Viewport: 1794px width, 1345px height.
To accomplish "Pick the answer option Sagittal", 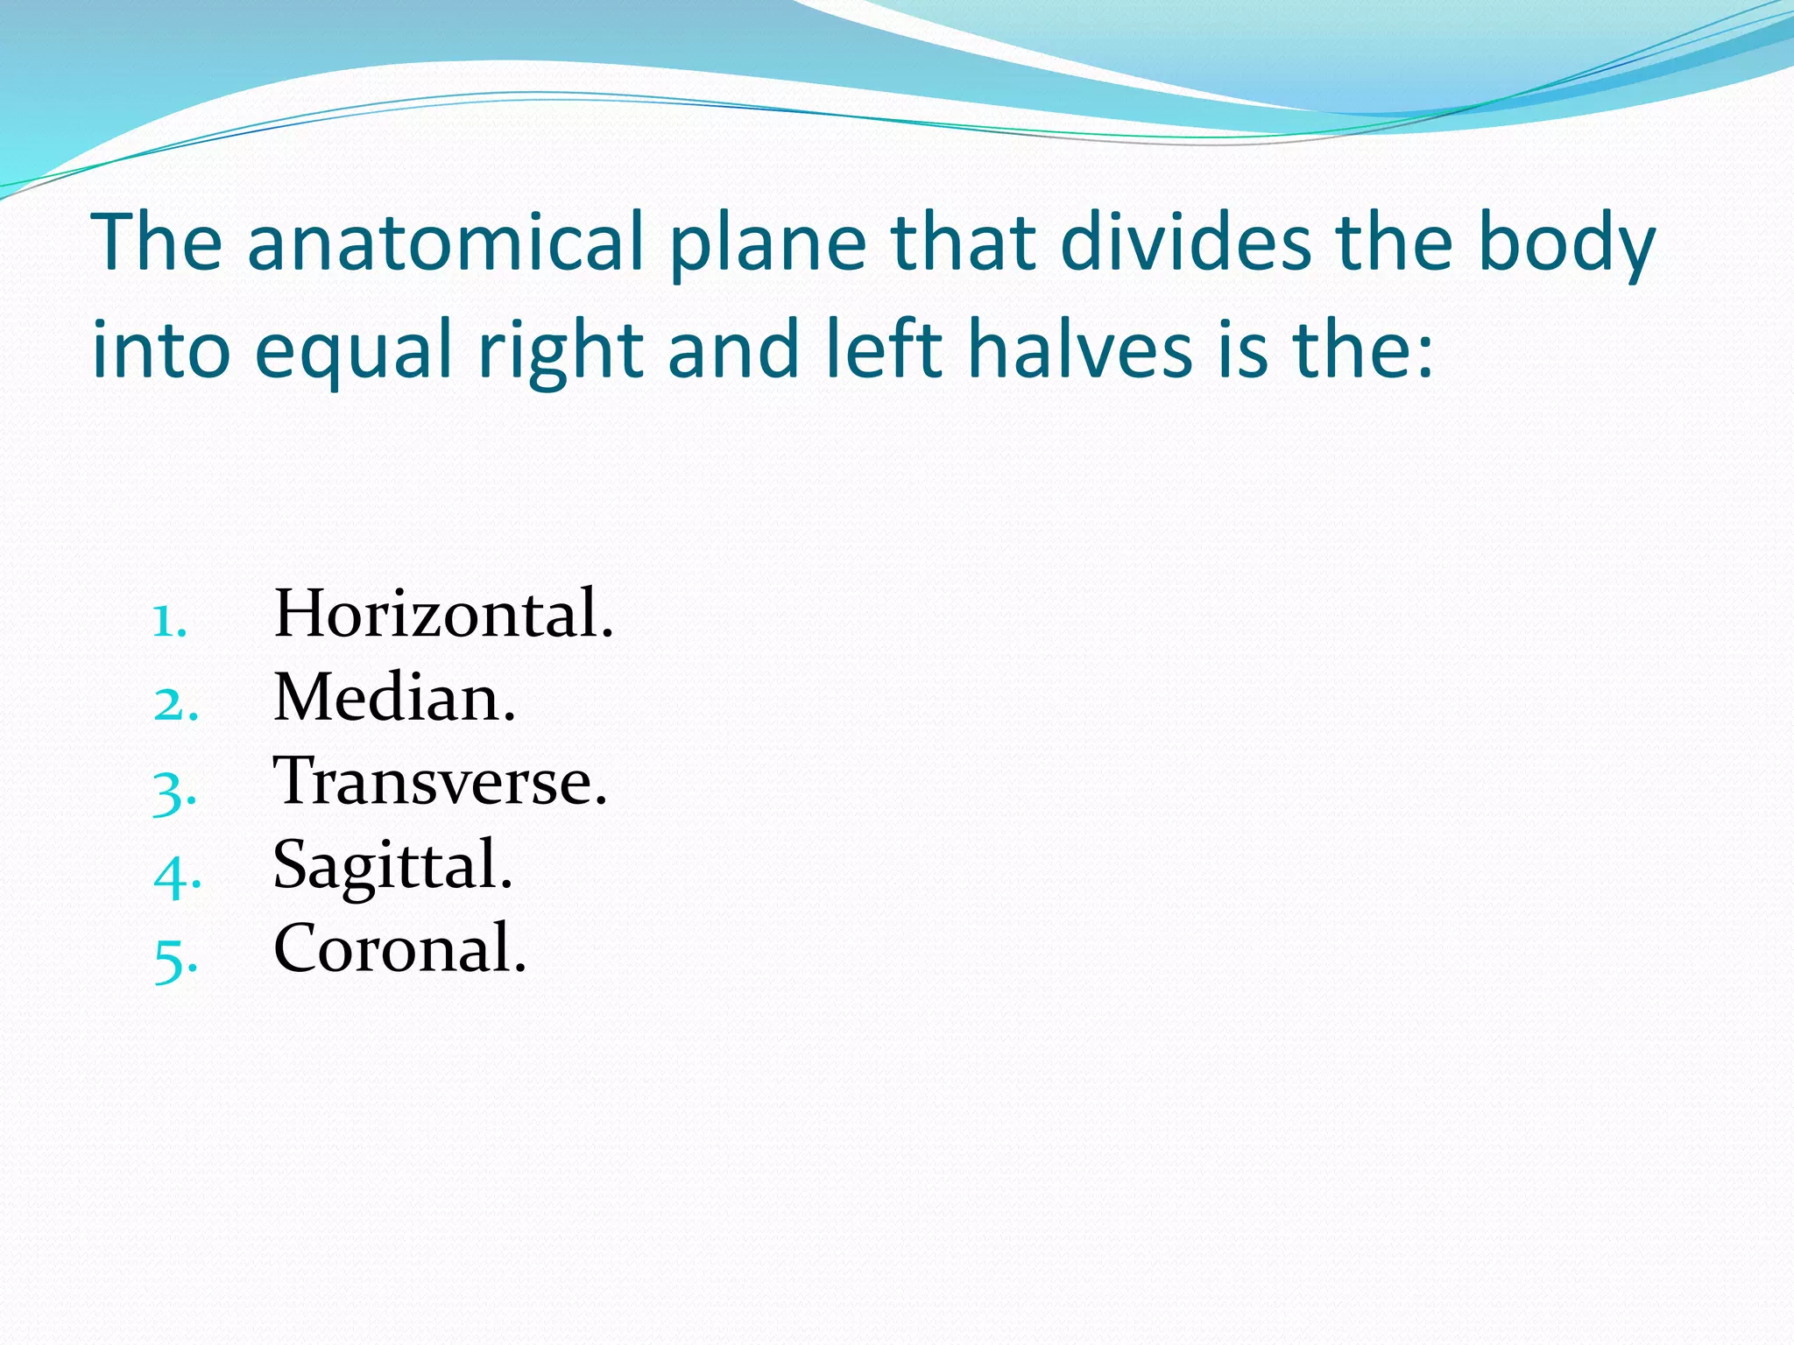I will (392, 865).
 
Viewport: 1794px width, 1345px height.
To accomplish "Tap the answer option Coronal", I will (399, 948).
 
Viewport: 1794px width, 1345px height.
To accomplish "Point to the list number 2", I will (175, 705).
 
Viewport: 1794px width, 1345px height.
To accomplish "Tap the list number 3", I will (174, 790).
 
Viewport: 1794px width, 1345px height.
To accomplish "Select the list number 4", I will (177, 874).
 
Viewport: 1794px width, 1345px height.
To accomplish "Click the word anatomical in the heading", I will (446, 243).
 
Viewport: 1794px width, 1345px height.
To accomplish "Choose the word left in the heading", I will (884, 349).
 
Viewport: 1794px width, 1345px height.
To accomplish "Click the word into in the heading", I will (161, 349).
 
